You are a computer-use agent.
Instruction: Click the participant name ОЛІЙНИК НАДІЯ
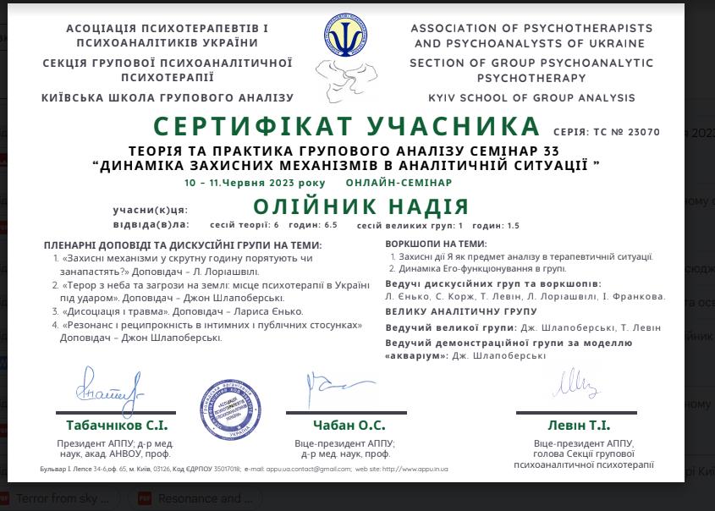(361, 206)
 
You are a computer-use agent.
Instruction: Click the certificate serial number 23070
(645, 132)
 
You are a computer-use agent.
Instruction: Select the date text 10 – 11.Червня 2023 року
(255, 183)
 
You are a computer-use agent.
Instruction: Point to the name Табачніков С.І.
(117, 426)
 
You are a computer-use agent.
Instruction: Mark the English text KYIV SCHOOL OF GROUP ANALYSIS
(531, 98)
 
